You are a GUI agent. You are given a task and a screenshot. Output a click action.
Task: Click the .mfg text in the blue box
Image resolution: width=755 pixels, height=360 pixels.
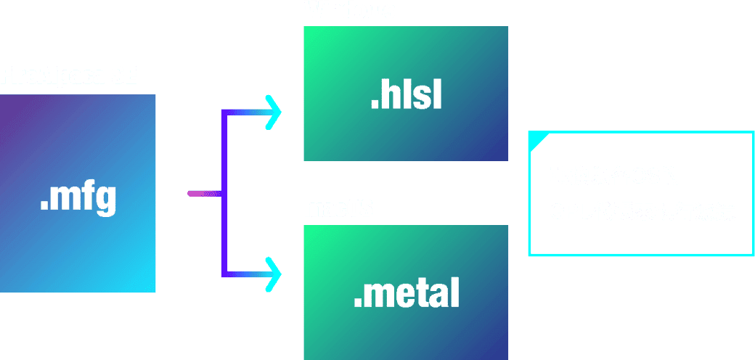[x=78, y=197]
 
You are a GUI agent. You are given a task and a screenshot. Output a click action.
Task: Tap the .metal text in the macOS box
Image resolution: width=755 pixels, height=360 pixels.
[x=407, y=292]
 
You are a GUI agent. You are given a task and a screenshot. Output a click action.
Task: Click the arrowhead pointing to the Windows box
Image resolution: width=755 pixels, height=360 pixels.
[x=274, y=112]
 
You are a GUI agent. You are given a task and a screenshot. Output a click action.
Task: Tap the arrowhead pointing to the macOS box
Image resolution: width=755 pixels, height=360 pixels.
[x=274, y=275]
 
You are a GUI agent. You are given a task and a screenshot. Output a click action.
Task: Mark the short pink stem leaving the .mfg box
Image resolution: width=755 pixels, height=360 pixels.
[x=203, y=193]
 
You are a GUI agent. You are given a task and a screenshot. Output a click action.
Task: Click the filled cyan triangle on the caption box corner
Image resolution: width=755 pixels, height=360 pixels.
[x=535, y=139]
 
